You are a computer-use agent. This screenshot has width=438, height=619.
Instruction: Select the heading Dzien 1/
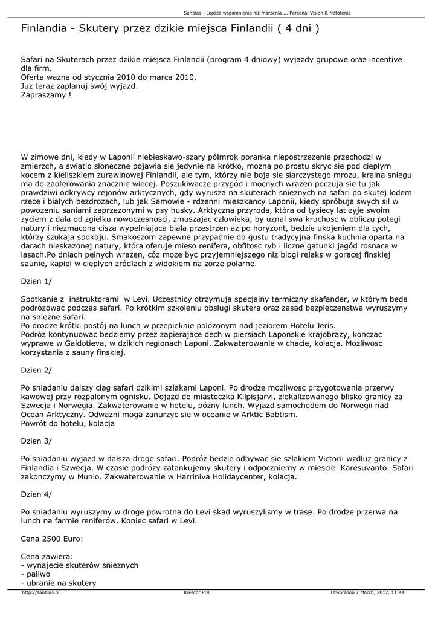pyautogui.click(x=36, y=281)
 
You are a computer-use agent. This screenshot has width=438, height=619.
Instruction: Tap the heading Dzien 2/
pyautogui.click(x=36, y=369)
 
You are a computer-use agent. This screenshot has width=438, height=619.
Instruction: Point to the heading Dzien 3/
pyautogui.click(x=36, y=441)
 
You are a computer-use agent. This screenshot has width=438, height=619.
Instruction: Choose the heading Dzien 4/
pyautogui.click(x=36, y=494)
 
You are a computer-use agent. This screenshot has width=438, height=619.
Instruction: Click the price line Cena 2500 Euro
pyautogui.click(x=53, y=539)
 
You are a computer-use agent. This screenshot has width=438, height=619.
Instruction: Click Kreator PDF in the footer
pyautogui.click(x=197, y=592)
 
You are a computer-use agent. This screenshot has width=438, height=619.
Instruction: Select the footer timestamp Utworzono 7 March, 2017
pyautogui.click(x=367, y=592)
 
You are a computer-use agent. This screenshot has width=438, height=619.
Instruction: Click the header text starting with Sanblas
pyautogui.click(x=267, y=13)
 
